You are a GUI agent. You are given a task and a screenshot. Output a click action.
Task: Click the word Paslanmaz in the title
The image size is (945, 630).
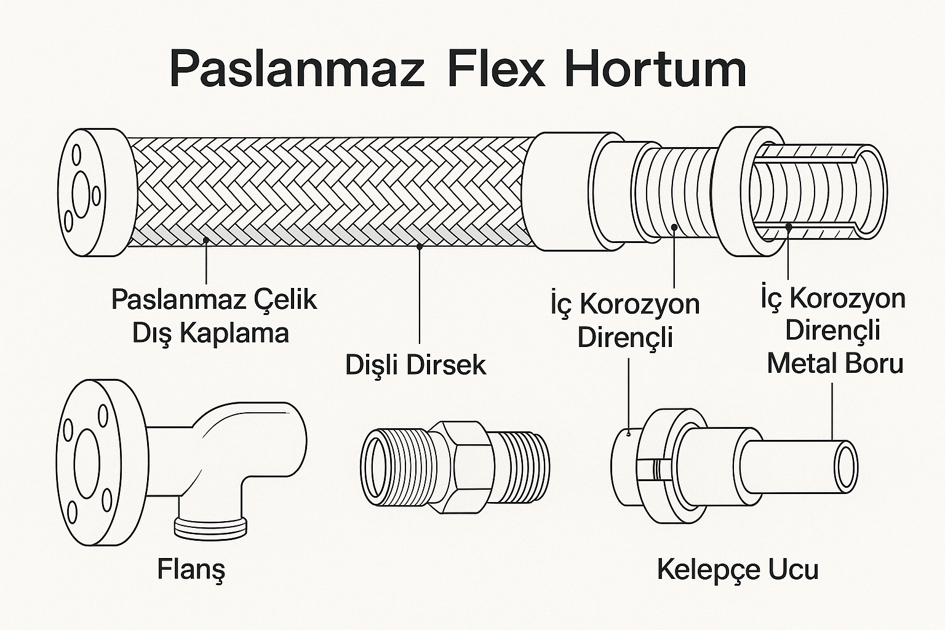(297, 70)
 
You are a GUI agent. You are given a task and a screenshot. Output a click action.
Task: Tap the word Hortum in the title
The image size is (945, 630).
(655, 70)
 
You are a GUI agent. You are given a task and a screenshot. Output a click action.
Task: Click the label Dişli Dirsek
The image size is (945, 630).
(415, 365)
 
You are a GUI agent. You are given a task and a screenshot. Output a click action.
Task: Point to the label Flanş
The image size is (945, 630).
(191, 570)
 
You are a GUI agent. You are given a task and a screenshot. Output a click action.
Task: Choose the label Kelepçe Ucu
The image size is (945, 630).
(738, 569)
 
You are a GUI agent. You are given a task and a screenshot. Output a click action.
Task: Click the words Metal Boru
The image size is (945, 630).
(835, 363)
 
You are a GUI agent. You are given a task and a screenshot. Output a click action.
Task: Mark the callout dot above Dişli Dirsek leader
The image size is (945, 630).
(419, 247)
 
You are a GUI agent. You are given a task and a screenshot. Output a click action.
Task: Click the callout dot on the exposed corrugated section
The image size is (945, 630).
(675, 227)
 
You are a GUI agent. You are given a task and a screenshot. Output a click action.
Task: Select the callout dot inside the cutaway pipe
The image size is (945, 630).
(789, 227)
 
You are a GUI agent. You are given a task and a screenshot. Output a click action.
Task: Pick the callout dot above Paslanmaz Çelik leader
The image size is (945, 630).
(206, 240)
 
